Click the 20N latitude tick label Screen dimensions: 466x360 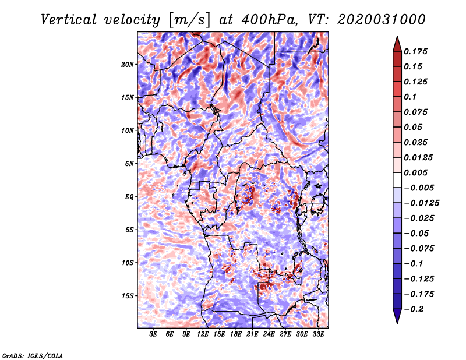(128, 64)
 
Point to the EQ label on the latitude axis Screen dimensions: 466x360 (129, 197)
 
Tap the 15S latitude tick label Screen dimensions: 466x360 (128, 296)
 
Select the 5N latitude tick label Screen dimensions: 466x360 (129, 164)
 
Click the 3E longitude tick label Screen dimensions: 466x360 (153, 334)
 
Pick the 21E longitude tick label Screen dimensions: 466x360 (252, 334)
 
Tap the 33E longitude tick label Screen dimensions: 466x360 (318, 334)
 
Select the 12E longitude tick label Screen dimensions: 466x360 (203, 334)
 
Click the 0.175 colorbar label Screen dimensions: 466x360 (415, 51)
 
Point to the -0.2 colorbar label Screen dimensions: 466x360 (413, 309)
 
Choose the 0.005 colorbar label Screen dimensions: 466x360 (415, 172)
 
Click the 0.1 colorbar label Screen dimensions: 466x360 (410, 97)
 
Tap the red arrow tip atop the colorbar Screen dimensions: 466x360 (397, 36)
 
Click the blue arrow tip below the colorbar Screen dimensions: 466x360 (397, 323)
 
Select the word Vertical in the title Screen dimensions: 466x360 (69, 20)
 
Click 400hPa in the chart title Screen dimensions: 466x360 (269, 20)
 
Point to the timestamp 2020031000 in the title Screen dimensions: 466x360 (382, 20)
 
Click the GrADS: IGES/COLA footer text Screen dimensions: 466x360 (33, 355)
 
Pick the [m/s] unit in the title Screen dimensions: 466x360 (189, 20)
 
